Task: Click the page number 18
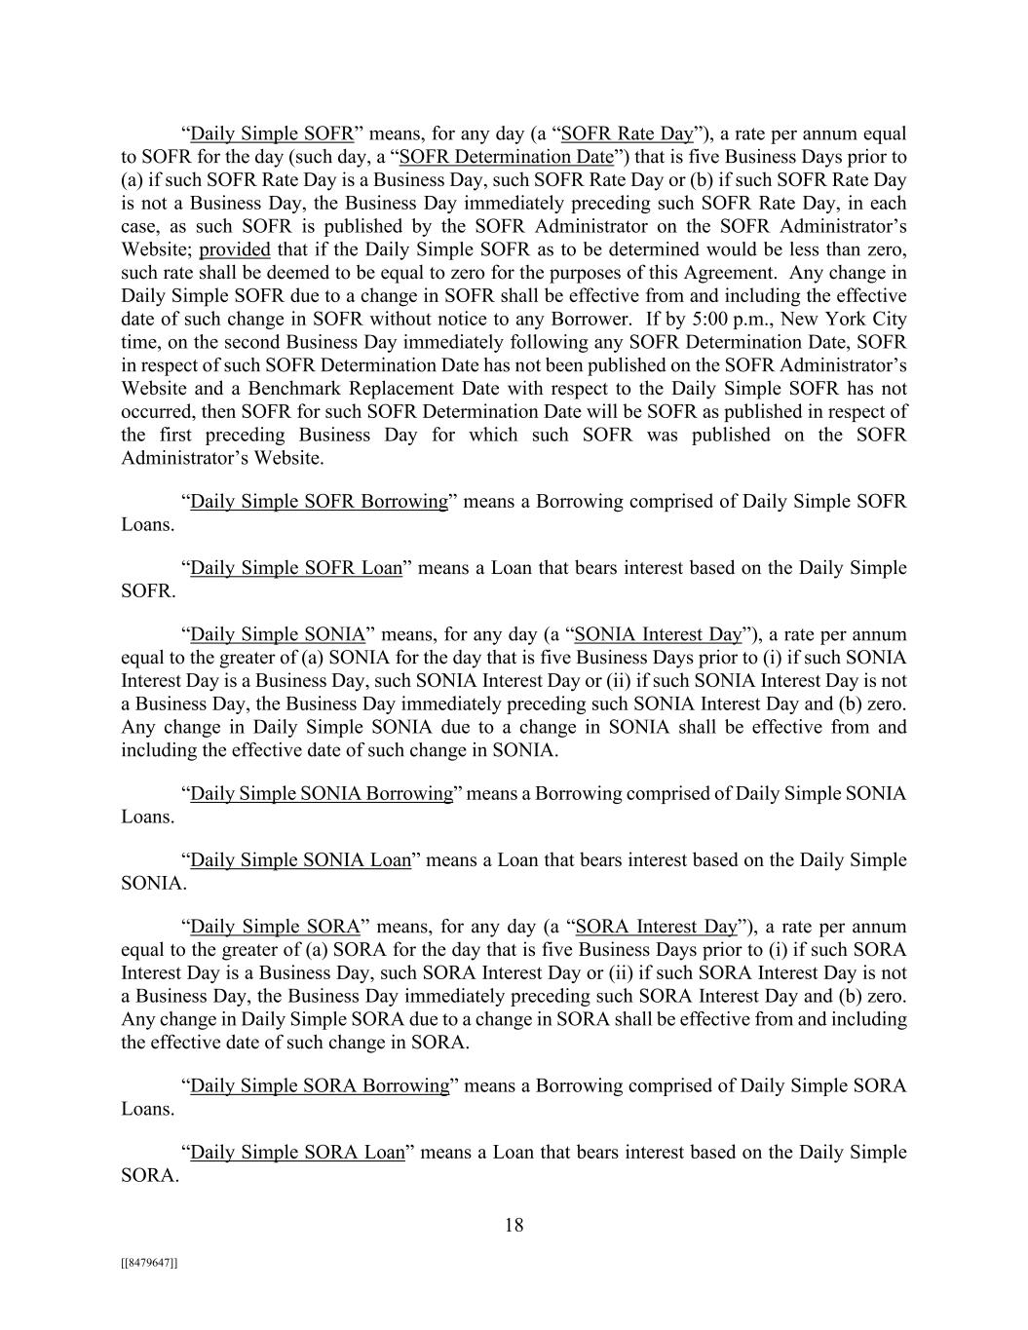click(x=514, y=1225)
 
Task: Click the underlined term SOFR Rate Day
click(x=628, y=133)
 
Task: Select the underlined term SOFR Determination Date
click(x=507, y=157)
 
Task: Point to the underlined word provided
click(x=234, y=249)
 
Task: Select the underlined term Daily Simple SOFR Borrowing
click(x=319, y=501)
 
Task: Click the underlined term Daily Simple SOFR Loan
click(x=296, y=567)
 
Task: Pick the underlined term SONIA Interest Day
click(x=658, y=634)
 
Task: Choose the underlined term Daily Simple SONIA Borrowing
click(x=322, y=793)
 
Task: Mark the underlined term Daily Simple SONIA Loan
click(x=300, y=859)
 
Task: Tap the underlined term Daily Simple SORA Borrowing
click(x=320, y=1085)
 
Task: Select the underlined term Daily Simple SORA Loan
click(x=297, y=1152)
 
